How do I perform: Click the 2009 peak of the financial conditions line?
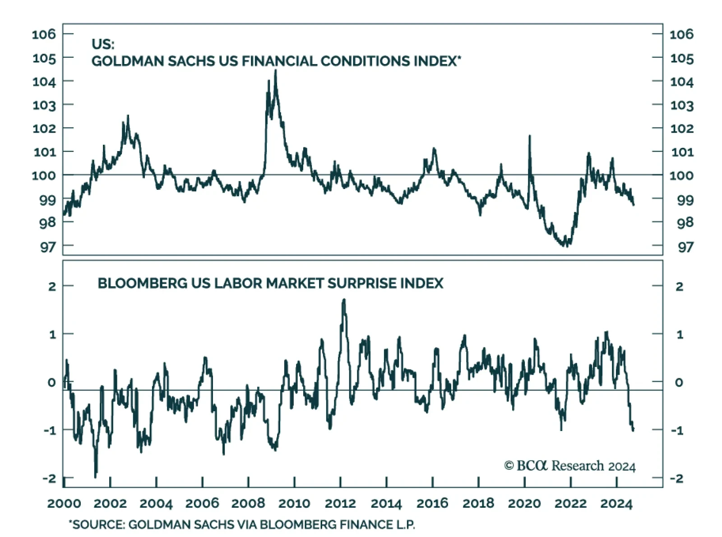point(275,71)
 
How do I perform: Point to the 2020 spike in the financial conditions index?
point(529,136)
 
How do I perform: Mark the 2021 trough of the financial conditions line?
point(566,245)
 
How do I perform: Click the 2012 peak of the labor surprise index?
point(344,300)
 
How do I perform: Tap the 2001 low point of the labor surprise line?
point(95,476)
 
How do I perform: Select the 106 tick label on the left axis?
point(44,34)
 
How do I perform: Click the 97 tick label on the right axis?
point(685,247)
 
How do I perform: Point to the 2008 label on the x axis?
point(248,503)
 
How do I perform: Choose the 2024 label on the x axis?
point(616,503)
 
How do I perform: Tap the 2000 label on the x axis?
point(64,503)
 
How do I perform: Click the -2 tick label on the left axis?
point(50,478)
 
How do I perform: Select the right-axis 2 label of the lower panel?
point(679,286)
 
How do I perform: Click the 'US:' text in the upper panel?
point(103,44)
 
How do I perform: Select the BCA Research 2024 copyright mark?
point(569,466)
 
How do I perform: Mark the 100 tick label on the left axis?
point(44,175)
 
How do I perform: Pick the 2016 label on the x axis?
point(432,503)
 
